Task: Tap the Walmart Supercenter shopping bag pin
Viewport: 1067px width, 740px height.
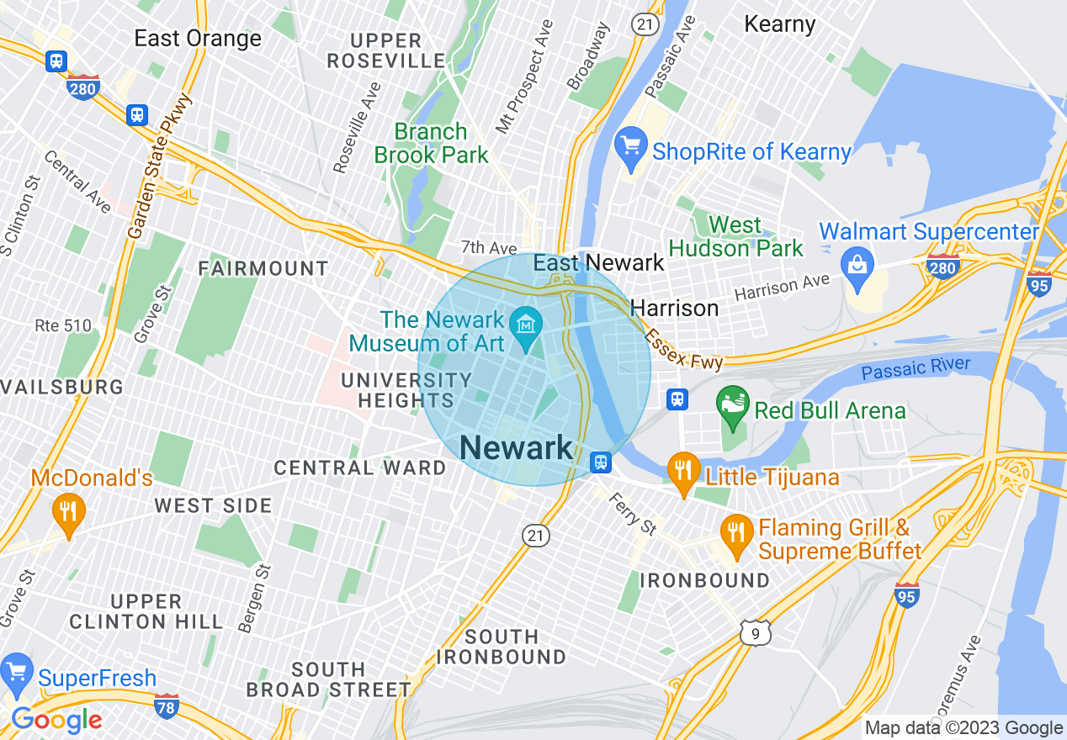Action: pyautogui.click(x=857, y=267)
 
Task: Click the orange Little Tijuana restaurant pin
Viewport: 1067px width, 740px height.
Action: pyautogui.click(x=684, y=473)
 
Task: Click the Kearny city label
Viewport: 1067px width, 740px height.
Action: pyautogui.click(x=779, y=24)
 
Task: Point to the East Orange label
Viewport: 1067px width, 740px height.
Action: pyautogui.click(x=198, y=39)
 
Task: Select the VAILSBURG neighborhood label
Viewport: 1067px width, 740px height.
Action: pyautogui.click(x=62, y=388)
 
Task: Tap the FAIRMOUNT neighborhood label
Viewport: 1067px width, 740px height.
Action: pyautogui.click(x=263, y=269)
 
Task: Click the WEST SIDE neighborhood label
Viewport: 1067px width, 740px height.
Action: pyautogui.click(x=213, y=506)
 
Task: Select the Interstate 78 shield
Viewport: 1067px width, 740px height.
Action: pyautogui.click(x=167, y=706)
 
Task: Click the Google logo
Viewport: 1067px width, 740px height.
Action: pyautogui.click(x=56, y=720)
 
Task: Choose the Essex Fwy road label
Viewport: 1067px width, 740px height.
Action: pyautogui.click(x=682, y=350)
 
